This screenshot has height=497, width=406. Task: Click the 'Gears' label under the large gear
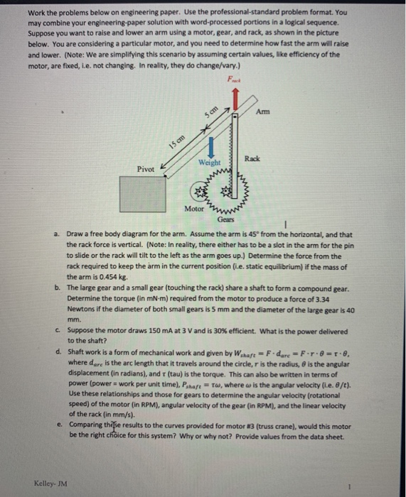(225, 221)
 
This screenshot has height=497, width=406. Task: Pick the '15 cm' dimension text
(177, 139)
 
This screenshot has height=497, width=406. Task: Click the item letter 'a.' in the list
(57, 234)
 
